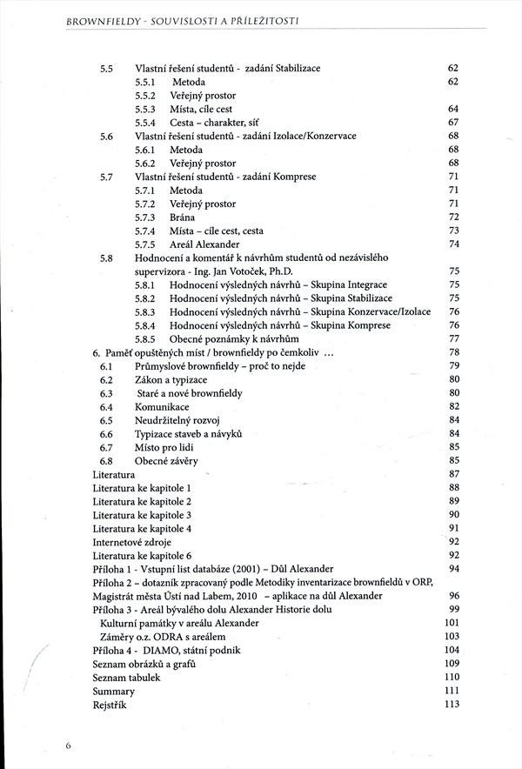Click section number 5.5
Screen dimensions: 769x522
point(107,68)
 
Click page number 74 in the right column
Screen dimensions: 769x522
point(452,244)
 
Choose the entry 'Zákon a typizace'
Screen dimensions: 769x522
point(171,379)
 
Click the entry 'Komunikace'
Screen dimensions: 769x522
point(162,406)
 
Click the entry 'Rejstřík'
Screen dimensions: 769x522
point(110,705)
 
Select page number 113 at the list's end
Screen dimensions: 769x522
point(451,705)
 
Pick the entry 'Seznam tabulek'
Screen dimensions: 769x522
point(128,677)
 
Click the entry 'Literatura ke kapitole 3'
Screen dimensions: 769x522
point(142,515)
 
